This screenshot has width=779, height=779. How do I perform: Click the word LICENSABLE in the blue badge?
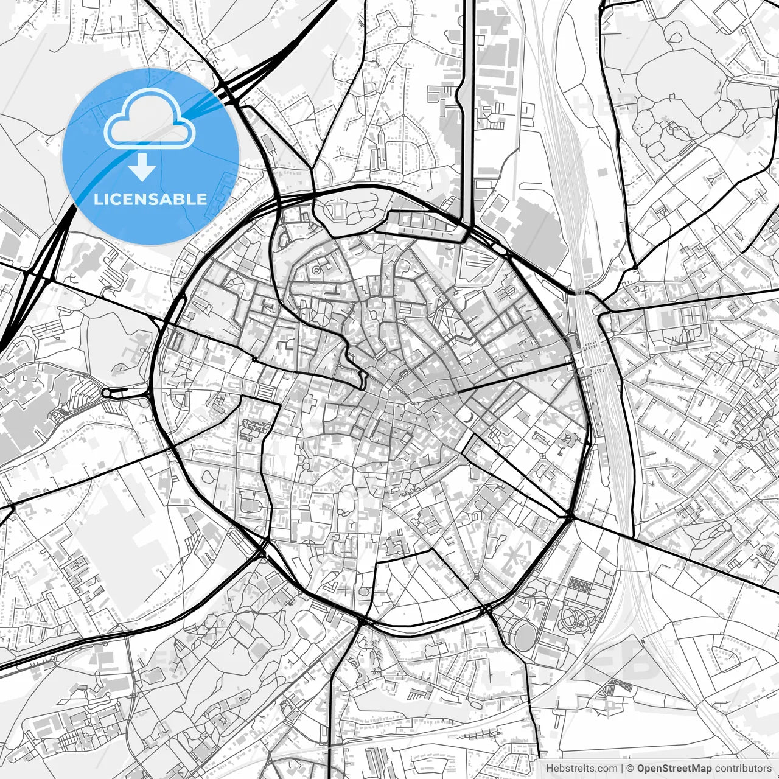pos(150,200)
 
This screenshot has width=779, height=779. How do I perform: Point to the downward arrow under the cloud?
pos(142,167)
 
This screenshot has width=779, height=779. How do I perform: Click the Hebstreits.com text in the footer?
pos(581,769)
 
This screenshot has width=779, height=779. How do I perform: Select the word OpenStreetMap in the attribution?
pos(674,769)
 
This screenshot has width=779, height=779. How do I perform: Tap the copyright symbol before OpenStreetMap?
pos(631,769)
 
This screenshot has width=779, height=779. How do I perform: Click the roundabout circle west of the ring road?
pos(107,393)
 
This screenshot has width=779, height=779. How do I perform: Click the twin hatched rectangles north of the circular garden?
pos(580,586)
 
